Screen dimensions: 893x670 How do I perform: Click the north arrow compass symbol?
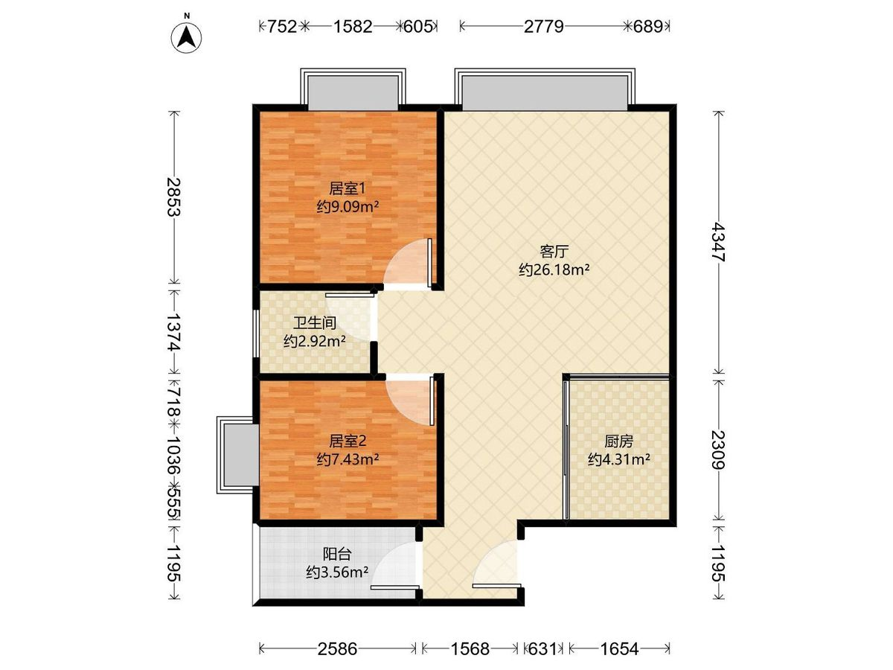[x=186, y=37]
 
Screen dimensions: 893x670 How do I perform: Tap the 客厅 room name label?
[x=554, y=252]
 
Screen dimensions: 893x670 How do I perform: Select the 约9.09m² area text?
[x=348, y=207]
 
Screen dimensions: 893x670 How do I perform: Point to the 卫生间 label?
[x=315, y=323]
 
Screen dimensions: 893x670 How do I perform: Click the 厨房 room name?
[x=618, y=441]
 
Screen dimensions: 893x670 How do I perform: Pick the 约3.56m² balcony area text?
[x=337, y=572]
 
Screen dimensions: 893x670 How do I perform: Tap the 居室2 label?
[x=348, y=441]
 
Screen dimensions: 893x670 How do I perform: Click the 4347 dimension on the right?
[x=718, y=242]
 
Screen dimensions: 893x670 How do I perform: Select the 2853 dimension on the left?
[x=175, y=197]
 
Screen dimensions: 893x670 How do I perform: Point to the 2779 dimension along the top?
[x=543, y=27]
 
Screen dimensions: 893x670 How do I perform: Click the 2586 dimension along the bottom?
[x=337, y=648]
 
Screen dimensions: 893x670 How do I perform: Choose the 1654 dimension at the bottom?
[x=619, y=648]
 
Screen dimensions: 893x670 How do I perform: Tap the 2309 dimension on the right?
[x=718, y=450]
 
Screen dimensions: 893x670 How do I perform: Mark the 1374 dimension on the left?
[x=175, y=331]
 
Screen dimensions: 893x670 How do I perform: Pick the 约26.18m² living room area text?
[x=554, y=269]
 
